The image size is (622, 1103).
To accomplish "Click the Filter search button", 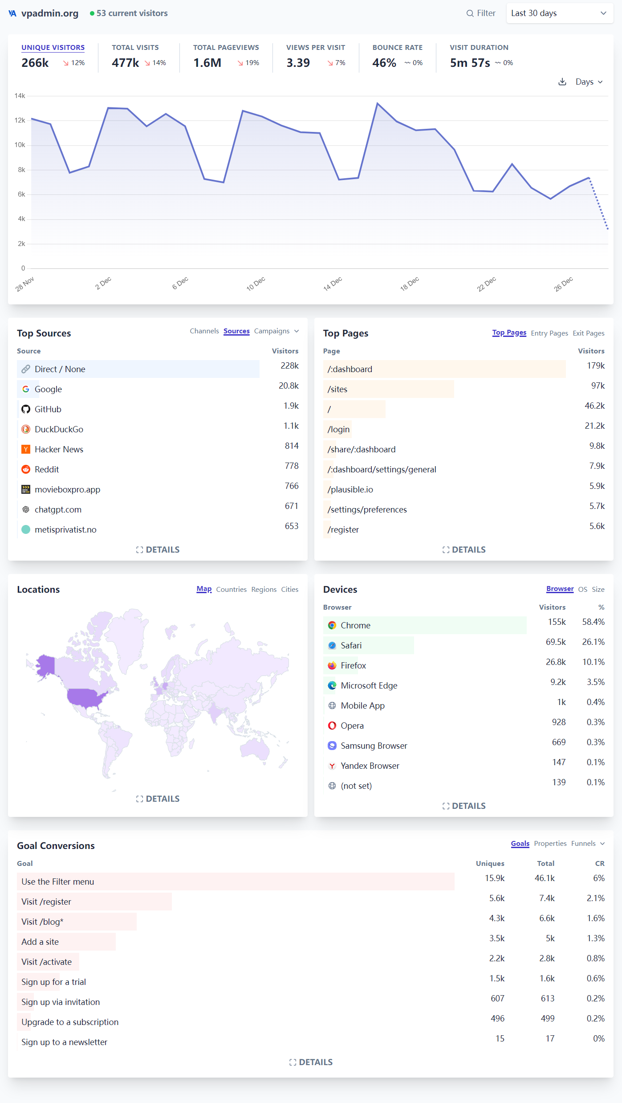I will [x=481, y=13].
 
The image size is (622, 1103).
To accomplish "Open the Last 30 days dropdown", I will [x=559, y=13].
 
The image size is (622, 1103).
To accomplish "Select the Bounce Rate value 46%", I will [x=384, y=63].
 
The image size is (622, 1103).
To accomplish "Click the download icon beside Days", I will [x=562, y=82].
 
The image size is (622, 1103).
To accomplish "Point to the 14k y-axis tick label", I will [x=20, y=96].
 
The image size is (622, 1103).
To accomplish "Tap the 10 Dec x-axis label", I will [x=256, y=283].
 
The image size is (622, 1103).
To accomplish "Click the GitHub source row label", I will [x=48, y=409].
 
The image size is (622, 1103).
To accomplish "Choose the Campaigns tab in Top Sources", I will [x=272, y=331].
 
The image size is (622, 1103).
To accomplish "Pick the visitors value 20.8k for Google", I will [x=289, y=385].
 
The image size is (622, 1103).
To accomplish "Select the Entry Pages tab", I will [x=549, y=333].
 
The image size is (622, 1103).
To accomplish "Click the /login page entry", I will [x=338, y=429].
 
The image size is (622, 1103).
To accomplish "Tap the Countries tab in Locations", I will [x=231, y=590].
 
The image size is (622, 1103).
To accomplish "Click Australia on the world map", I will [x=255, y=749].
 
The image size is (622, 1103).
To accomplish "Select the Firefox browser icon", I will [x=332, y=665].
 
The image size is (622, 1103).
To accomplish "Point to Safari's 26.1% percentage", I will [x=593, y=642].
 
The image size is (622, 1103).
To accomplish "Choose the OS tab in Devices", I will [x=582, y=590].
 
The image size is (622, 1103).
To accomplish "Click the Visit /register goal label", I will [x=46, y=902].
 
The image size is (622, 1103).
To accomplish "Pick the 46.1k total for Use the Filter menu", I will [x=545, y=878].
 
